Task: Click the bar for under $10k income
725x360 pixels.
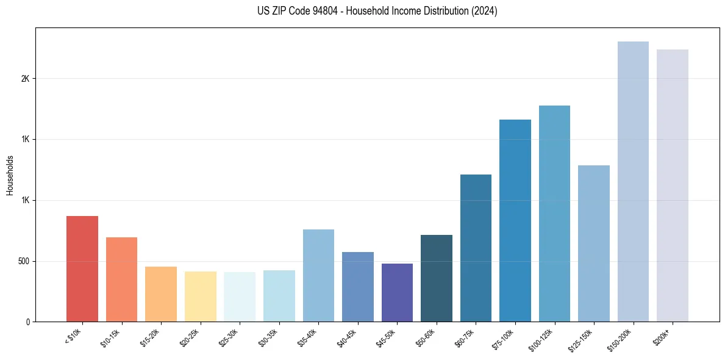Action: [x=82, y=268]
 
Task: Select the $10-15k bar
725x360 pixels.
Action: [x=121, y=279]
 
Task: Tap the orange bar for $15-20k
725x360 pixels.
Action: [x=161, y=294]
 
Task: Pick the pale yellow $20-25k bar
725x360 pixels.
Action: [x=200, y=297]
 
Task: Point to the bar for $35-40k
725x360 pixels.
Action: [x=318, y=275]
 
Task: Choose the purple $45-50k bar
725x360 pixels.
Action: [x=397, y=292]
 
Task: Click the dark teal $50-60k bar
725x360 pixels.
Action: [x=437, y=278]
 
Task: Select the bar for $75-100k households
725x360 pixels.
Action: [x=515, y=220]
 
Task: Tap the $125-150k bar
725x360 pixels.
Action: [x=594, y=243]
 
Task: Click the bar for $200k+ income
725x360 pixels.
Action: [x=673, y=185]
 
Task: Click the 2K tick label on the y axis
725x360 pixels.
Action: [x=26, y=79]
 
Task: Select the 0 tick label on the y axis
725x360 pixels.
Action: [x=29, y=322]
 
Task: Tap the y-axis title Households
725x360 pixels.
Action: [x=10, y=175]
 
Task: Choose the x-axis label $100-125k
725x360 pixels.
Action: [x=543, y=339]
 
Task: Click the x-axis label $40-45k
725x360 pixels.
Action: [x=348, y=337]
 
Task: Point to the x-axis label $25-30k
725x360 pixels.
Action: [x=229, y=337]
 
